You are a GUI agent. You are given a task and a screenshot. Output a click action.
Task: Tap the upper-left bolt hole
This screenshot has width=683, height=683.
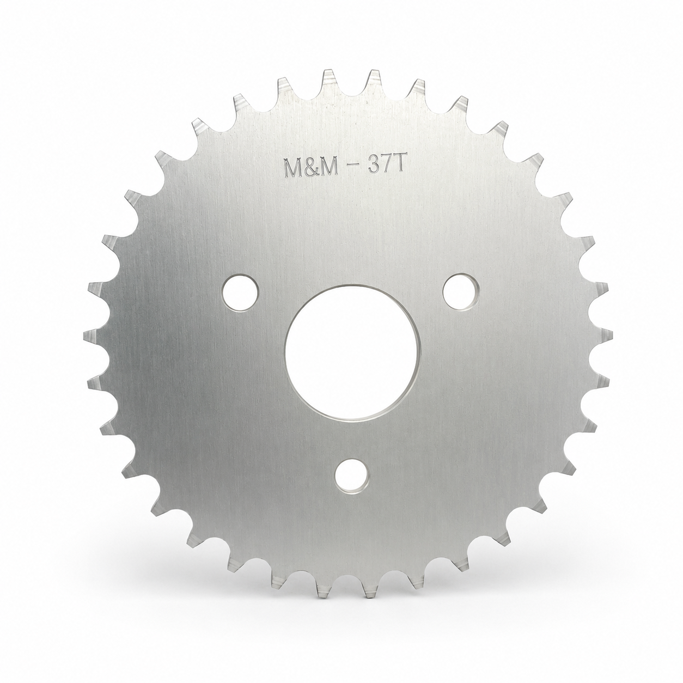pos(240,292)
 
